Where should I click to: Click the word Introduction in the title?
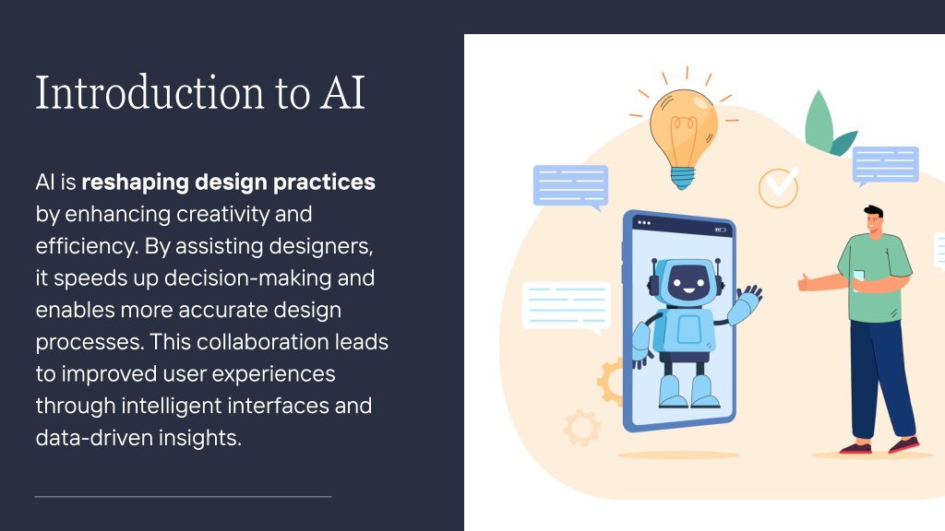150,93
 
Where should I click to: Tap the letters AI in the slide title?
342,93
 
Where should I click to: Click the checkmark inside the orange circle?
782,182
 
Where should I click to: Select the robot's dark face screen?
688,279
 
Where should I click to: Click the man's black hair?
874,212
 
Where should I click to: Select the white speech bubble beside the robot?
566,307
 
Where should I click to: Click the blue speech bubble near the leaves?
885,165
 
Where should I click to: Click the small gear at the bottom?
581,428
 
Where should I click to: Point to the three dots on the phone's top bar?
643,222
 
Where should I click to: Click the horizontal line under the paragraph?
184,497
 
